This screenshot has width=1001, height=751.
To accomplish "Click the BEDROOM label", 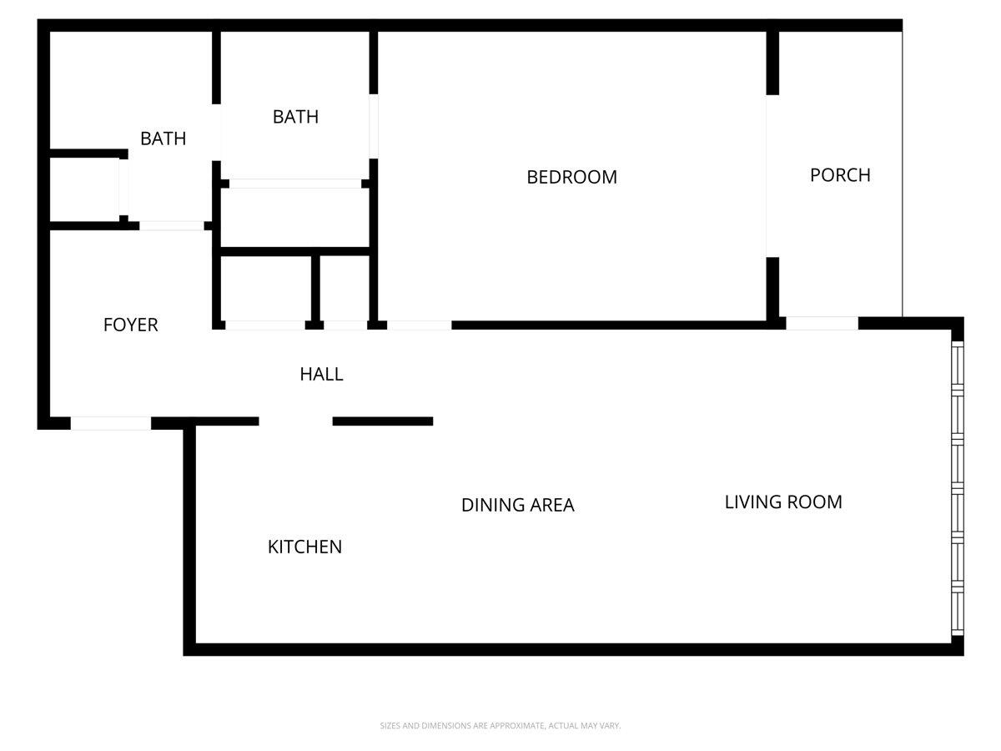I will point(571,177).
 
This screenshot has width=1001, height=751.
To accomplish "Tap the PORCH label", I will point(840,175).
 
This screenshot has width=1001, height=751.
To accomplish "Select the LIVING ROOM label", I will point(783,502).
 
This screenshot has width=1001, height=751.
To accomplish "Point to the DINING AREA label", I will point(517,505).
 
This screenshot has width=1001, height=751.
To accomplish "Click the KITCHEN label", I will point(304,547).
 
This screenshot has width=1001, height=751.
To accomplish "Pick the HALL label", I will point(321,374).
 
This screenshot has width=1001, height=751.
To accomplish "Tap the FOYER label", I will point(130,325).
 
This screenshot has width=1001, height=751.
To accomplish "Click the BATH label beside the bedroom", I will point(295,117).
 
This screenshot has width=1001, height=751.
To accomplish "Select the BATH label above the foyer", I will point(163,139).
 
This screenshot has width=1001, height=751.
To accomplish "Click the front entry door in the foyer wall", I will point(111,423).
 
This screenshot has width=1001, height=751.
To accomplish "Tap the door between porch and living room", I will point(822,324).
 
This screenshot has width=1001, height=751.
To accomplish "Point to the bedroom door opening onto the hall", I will point(420,325).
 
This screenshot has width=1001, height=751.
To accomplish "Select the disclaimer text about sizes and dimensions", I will point(500,726).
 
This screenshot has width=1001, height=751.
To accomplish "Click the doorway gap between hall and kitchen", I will point(296,421).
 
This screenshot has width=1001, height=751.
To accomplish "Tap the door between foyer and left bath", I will point(172,225).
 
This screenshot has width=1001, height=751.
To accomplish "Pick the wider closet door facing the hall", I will point(265,325).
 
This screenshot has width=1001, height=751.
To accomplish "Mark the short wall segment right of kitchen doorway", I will point(383,421).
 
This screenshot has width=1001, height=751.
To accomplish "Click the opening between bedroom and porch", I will point(772,176).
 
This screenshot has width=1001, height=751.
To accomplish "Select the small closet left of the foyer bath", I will point(83,189).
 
